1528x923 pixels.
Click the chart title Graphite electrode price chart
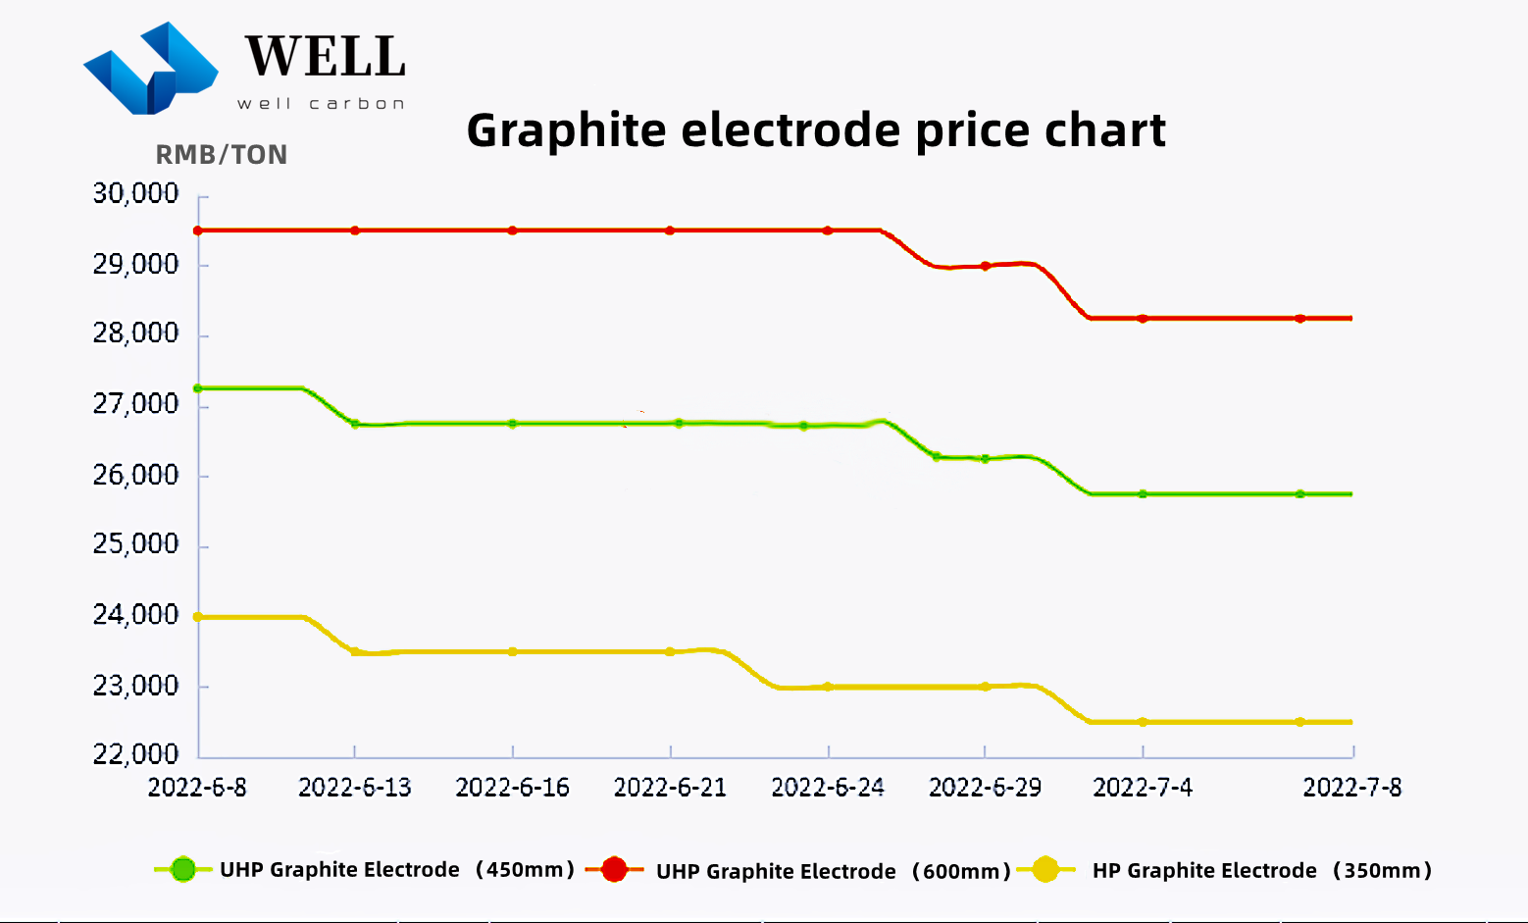(x=816, y=130)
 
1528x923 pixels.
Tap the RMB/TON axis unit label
(x=222, y=155)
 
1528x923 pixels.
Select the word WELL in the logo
(x=326, y=57)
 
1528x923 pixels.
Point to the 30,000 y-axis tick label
(x=136, y=194)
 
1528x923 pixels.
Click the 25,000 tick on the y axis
(x=136, y=544)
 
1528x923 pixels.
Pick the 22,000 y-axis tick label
(x=136, y=754)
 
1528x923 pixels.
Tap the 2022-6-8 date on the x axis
(x=197, y=788)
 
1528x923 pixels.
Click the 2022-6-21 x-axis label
(x=670, y=788)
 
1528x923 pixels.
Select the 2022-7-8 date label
(x=1351, y=788)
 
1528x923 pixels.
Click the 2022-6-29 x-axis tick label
(x=985, y=788)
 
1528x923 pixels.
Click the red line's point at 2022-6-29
(x=986, y=266)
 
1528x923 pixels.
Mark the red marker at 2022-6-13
(x=355, y=231)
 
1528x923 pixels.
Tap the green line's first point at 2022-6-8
(x=198, y=388)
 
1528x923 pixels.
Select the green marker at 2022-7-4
(x=1143, y=494)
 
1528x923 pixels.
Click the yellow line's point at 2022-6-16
(x=513, y=651)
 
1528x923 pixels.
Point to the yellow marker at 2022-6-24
(x=828, y=687)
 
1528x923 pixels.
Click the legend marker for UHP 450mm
(x=183, y=869)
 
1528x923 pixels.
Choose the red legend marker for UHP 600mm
(x=615, y=869)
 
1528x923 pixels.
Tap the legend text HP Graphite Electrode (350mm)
(x=1262, y=871)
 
